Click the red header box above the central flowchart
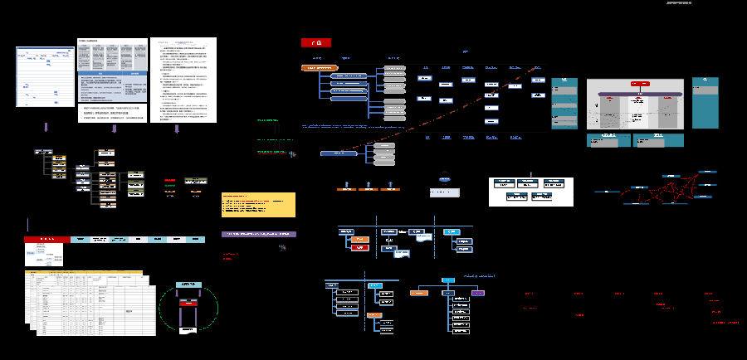coord(315,42)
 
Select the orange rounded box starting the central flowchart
coord(320,68)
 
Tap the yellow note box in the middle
coord(258,204)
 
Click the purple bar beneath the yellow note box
coord(258,235)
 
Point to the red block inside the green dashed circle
coord(190,314)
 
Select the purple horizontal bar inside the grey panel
coord(635,95)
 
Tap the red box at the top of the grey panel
coord(639,84)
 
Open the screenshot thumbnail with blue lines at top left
coord(45,76)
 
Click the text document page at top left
coord(183,80)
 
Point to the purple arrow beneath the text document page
coord(176,129)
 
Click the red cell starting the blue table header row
coord(46,240)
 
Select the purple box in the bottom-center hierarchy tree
coord(478,293)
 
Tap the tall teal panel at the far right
coord(705,102)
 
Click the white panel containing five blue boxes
coord(530,191)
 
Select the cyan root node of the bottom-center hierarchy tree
coord(447,280)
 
